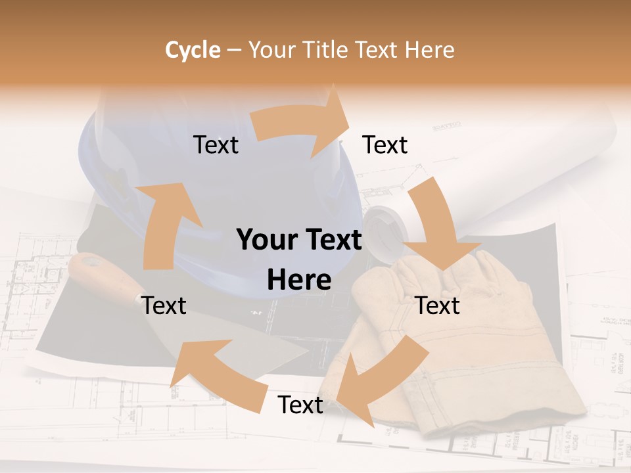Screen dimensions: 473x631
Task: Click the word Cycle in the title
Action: (x=193, y=50)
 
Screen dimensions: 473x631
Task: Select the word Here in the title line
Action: (x=429, y=50)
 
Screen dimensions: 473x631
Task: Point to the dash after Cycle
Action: (x=234, y=51)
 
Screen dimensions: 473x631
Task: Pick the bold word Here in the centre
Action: (x=299, y=281)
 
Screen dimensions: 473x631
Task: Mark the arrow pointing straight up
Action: (x=164, y=223)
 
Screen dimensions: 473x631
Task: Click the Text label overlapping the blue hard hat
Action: (x=216, y=145)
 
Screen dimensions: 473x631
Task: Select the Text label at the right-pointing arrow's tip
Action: (x=385, y=145)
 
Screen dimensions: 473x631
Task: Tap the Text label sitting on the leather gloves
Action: (x=438, y=305)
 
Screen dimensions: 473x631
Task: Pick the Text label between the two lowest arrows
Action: (x=300, y=405)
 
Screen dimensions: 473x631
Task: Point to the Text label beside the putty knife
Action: (x=164, y=305)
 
